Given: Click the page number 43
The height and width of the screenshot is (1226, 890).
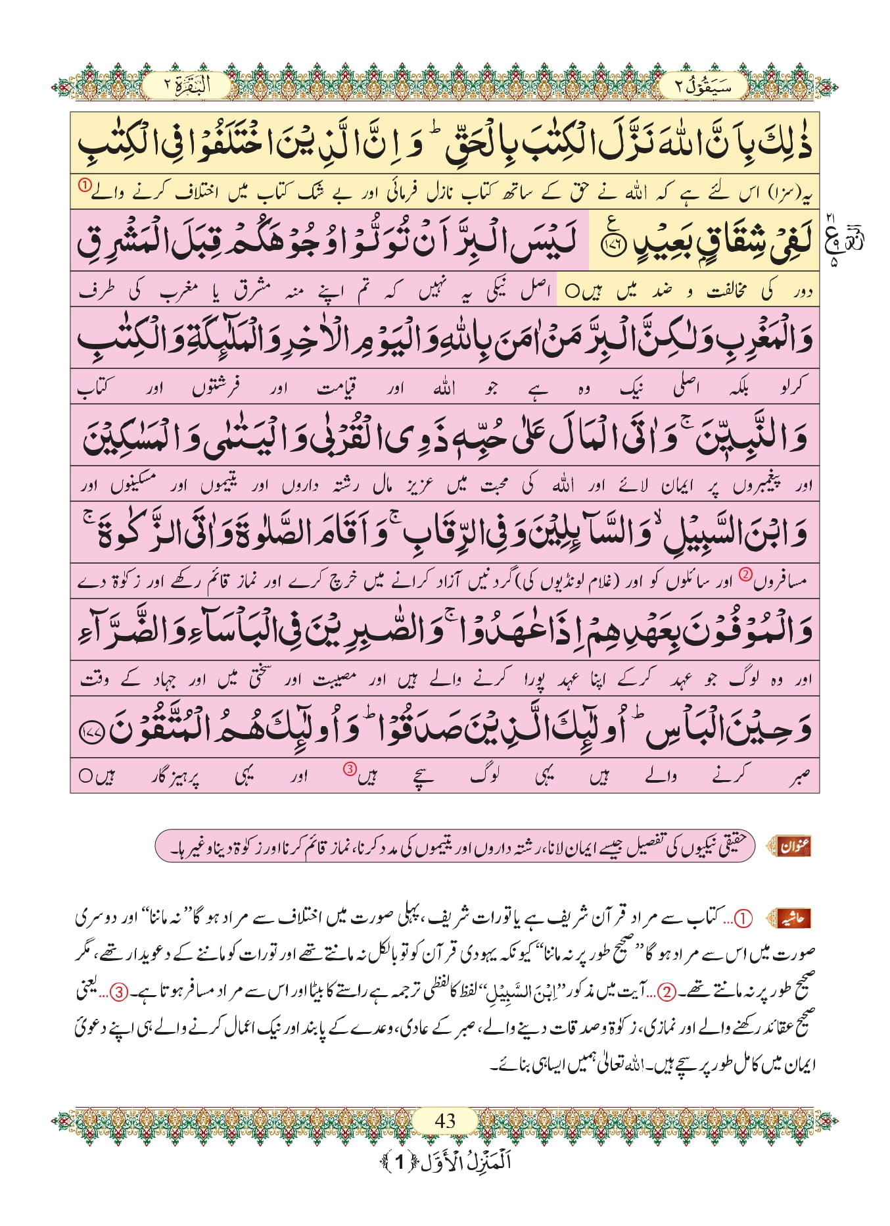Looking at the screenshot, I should coord(445,1120).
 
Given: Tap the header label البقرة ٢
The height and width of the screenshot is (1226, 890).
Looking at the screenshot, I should coord(186,86).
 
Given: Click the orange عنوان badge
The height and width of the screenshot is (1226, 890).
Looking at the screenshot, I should coord(794,846).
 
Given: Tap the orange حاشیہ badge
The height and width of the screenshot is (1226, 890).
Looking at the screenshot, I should coord(794,918).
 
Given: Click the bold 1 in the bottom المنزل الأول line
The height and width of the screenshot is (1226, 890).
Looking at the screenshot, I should coord(399,1163).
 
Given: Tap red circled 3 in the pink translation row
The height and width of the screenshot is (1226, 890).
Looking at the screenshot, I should coord(350,769).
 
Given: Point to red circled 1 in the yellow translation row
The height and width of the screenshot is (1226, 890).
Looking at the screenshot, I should coord(85,186).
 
